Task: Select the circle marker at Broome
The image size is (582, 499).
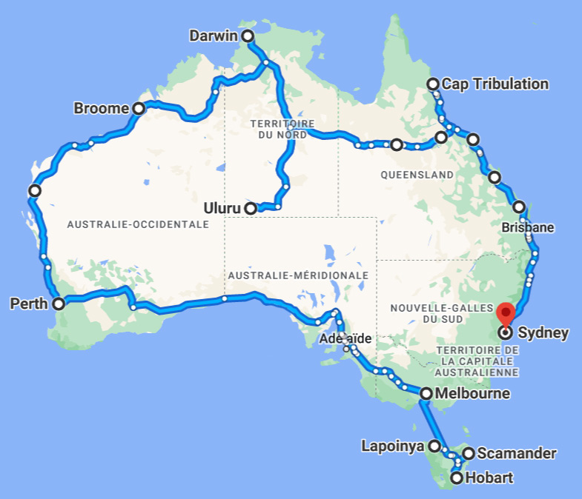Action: point(139,108)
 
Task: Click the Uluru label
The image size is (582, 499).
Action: point(223,208)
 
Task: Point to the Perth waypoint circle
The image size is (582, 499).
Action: point(59,303)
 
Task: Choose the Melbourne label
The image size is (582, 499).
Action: point(472,394)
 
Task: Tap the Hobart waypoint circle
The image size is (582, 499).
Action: point(457,478)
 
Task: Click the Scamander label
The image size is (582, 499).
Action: point(517,453)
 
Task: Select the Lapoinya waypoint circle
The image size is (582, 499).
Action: point(434,446)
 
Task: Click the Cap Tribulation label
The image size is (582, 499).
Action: point(495,84)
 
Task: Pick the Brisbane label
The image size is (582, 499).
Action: point(527,227)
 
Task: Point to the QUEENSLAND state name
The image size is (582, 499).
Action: point(417,175)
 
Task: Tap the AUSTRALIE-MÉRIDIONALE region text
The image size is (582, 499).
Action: point(298,275)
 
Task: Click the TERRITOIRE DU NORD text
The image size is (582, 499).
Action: point(282,129)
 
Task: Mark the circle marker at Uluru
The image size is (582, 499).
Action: point(251,208)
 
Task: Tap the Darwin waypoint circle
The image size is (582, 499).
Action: point(248,36)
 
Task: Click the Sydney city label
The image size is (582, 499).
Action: point(543,332)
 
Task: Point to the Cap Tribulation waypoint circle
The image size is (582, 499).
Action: point(433,84)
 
